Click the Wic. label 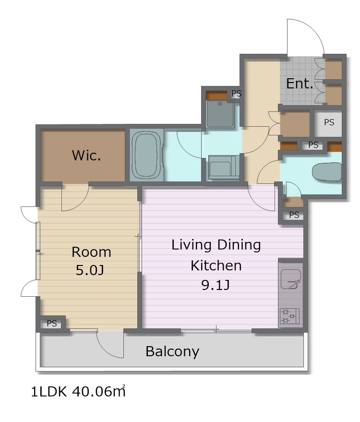pyautogui.click(x=86, y=155)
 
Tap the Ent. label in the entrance pyautogui.click(x=300, y=84)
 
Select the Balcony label pyautogui.click(x=172, y=351)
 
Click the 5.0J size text pyautogui.click(x=90, y=270)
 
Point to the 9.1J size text pyautogui.click(x=216, y=285)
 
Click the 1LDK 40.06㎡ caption pyautogui.click(x=78, y=391)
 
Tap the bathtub pyautogui.click(x=146, y=155)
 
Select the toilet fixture pyautogui.click(x=327, y=171)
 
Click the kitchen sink pyautogui.click(x=290, y=279)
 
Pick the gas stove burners pyautogui.click(x=289, y=316)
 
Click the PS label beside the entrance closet pyautogui.click(x=329, y=122)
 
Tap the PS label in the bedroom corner pyautogui.click(x=52, y=323)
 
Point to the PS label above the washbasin pyautogui.click(x=237, y=94)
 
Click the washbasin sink pyautogui.click(x=220, y=114)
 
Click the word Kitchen pyautogui.click(x=216, y=265)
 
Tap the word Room pyautogui.click(x=91, y=252)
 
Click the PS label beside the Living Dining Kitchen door pyautogui.click(x=294, y=215)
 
